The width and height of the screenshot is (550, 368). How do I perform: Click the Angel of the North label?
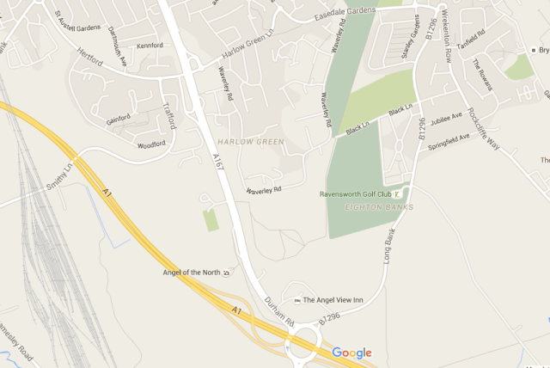click(x=191, y=273)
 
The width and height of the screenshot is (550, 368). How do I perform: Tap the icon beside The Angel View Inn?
click(x=297, y=300)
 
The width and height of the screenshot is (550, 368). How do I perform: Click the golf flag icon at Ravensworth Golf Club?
click(x=407, y=193)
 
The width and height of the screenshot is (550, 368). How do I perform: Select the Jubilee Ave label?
click(x=446, y=119)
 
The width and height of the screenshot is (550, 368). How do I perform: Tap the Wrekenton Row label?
click(x=449, y=40)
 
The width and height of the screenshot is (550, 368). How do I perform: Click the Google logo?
click(x=351, y=353)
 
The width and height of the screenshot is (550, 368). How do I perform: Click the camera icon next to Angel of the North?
click(x=226, y=273)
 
